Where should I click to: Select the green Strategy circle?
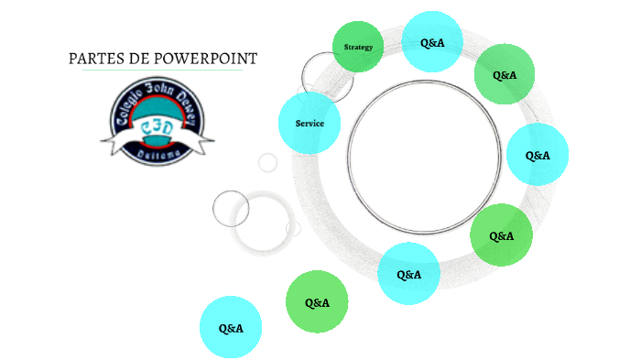pyautogui.click(x=358, y=47)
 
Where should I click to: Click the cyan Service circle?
pyautogui.click(x=310, y=123)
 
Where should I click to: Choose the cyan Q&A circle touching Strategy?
pyautogui.click(x=432, y=42)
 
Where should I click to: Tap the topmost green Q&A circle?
pyautogui.click(x=505, y=74)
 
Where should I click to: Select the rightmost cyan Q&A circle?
pyautogui.click(x=538, y=155)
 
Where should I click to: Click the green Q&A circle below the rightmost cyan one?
pyautogui.click(x=501, y=235)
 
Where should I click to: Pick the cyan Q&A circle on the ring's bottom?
pyautogui.click(x=408, y=274)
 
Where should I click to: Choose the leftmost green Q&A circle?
pyautogui.click(x=317, y=302)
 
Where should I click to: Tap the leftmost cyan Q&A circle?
pyautogui.click(x=231, y=327)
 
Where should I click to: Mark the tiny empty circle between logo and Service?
pyautogui.click(x=267, y=162)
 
